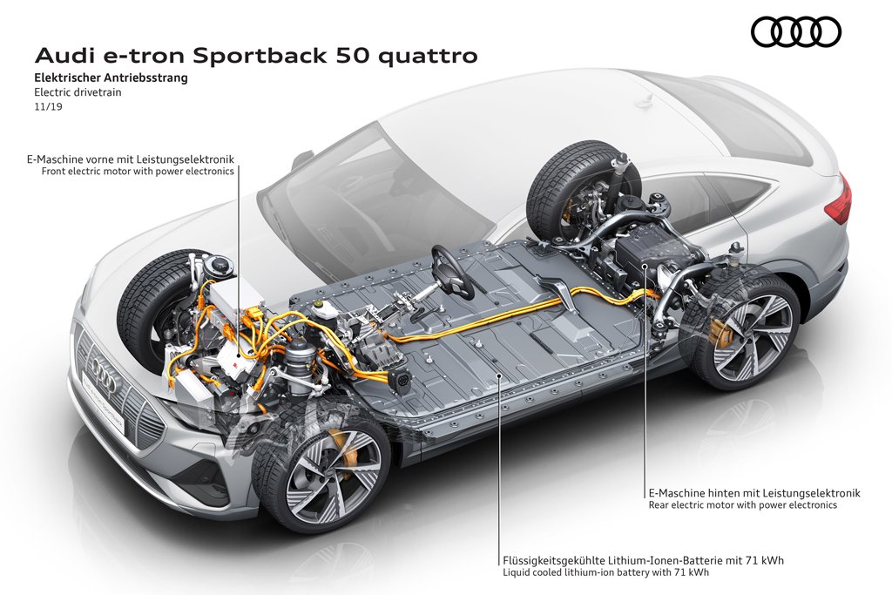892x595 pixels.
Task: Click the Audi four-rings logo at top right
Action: click(x=795, y=31)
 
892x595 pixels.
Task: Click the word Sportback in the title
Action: click(x=260, y=57)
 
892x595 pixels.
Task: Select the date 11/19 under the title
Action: click(x=48, y=105)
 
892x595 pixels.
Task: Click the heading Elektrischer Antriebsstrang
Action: click(x=111, y=78)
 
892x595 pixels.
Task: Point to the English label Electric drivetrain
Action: click(x=78, y=91)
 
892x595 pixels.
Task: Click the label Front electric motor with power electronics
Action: click(x=138, y=172)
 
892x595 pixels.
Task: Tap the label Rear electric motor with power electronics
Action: click(x=743, y=504)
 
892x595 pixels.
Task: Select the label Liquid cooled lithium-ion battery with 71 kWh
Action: click(x=606, y=573)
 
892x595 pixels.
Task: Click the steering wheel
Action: click(x=452, y=271)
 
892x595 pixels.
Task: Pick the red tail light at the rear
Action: click(x=840, y=199)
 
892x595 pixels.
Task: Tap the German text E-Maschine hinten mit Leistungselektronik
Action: click(x=754, y=493)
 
